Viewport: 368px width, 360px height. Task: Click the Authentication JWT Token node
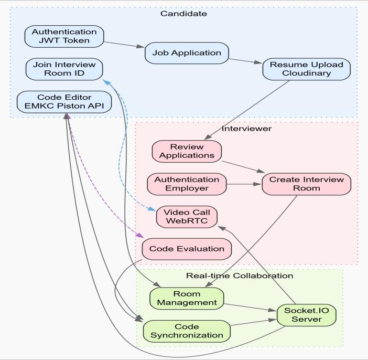click(64, 36)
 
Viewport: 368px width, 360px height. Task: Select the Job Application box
click(187, 53)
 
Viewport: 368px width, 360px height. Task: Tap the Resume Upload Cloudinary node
click(307, 69)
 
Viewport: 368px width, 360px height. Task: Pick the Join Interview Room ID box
click(64, 69)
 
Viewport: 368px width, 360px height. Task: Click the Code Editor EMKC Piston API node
click(64, 102)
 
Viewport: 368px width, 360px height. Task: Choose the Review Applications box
click(187, 151)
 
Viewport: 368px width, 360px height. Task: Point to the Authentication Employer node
click(187, 184)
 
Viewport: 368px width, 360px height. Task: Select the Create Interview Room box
click(307, 184)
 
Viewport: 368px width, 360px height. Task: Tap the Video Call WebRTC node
click(187, 217)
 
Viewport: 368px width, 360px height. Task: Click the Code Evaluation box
click(187, 249)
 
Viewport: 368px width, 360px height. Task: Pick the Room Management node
click(187, 299)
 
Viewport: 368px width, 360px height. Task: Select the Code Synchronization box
click(187, 331)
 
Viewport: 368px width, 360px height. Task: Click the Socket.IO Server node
click(307, 315)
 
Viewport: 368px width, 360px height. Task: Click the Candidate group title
click(184, 14)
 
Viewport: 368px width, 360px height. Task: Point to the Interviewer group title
click(247, 129)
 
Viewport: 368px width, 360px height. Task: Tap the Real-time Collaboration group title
click(240, 276)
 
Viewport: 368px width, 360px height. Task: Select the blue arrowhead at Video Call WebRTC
click(151, 209)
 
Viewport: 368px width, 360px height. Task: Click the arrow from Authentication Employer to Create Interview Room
click(244, 184)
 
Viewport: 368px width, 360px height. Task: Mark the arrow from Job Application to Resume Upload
click(245, 61)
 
